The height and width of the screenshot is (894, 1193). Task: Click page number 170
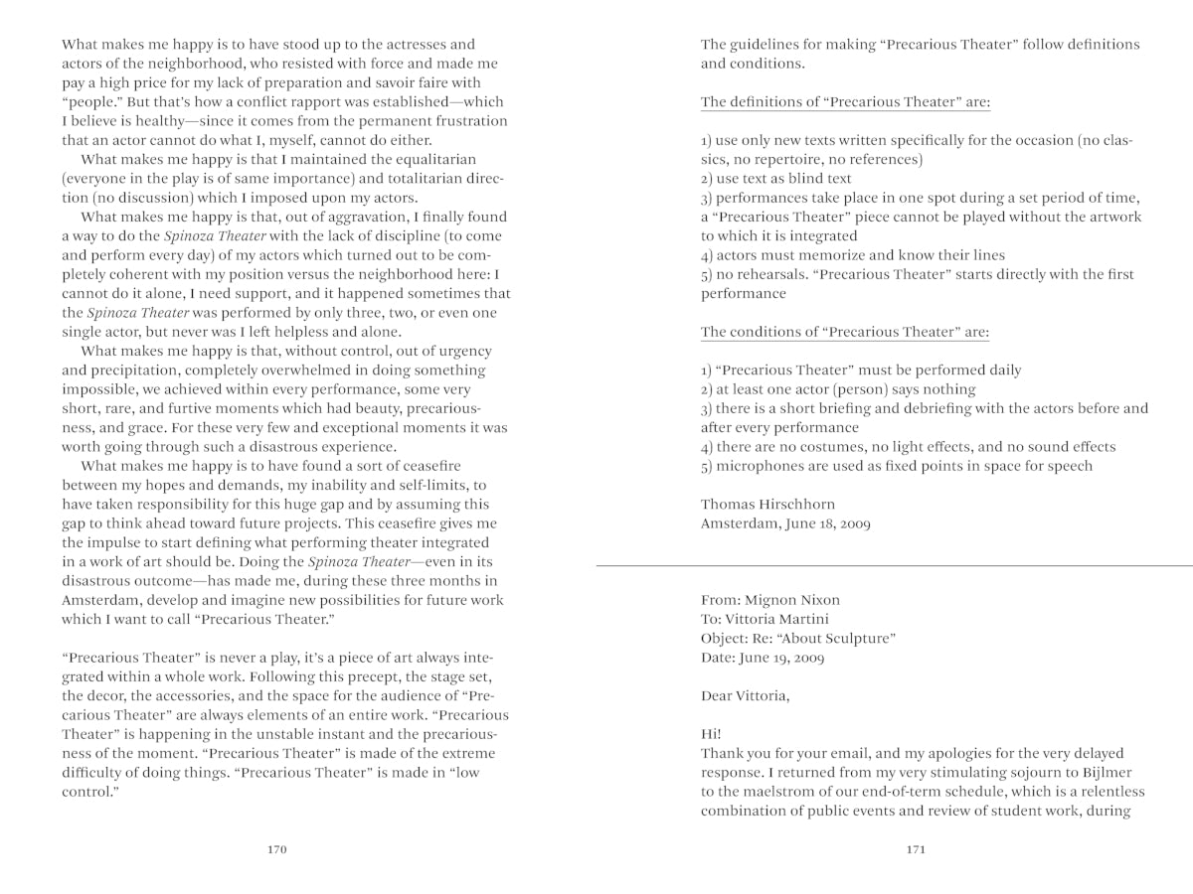[x=277, y=850]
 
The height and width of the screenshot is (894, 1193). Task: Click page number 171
[x=916, y=850]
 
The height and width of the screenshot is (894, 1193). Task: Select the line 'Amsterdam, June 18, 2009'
[x=785, y=523]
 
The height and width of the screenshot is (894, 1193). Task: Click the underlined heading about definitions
[x=845, y=102]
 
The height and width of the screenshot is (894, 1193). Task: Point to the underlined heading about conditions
[x=845, y=332]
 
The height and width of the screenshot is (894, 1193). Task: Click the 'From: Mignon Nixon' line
[x=770, y=600]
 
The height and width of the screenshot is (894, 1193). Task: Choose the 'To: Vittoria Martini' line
[x=765, y=619]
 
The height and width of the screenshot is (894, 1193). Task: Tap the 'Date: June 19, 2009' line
[x=763, y=658]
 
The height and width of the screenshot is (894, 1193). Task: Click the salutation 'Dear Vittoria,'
[x=746, y=695]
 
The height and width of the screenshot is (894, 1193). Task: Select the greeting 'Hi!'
[x=712, y=734]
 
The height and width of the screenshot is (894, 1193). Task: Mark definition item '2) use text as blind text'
[x=776, y=179]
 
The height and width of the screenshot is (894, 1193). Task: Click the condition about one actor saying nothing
[x=838, y=389]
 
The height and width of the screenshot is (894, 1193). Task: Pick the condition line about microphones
[x=896, y=466]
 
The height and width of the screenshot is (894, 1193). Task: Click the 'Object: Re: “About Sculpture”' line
[x=798, y=638]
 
